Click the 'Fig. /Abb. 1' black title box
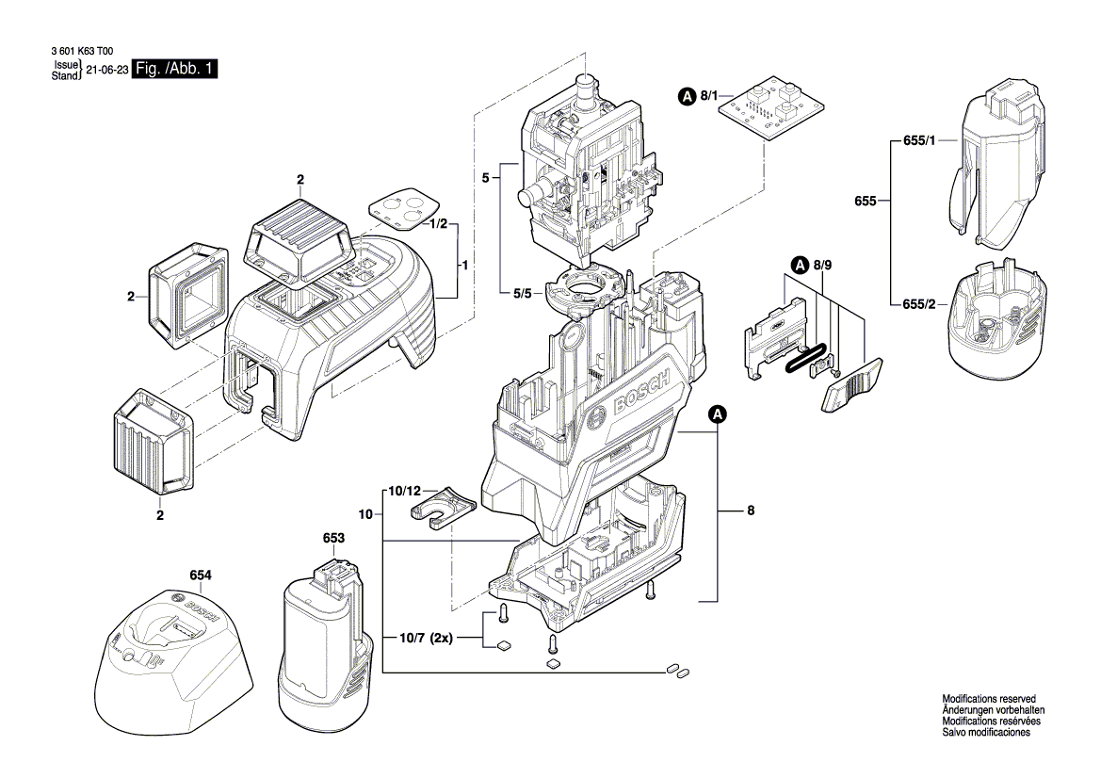176,70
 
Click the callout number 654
201,575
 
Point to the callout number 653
333,538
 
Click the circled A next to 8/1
687,95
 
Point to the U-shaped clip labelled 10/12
444,509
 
